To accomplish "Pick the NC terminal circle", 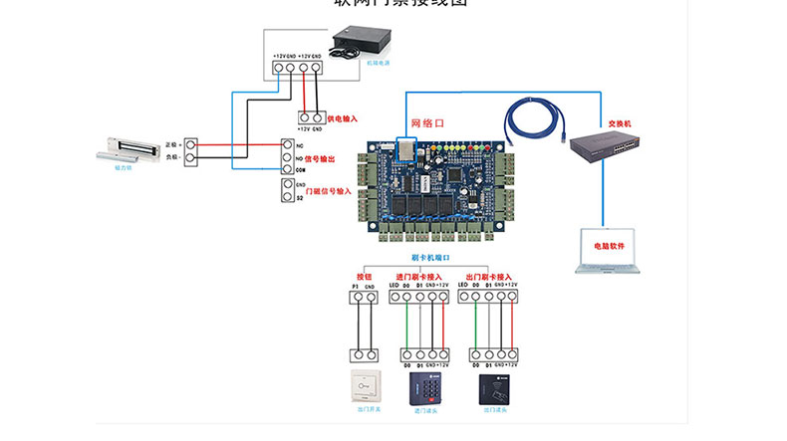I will (286, 145).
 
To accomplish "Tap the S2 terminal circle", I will (286, 197).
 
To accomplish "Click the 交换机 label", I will (620, 124).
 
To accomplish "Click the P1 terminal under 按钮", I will (355, 297).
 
